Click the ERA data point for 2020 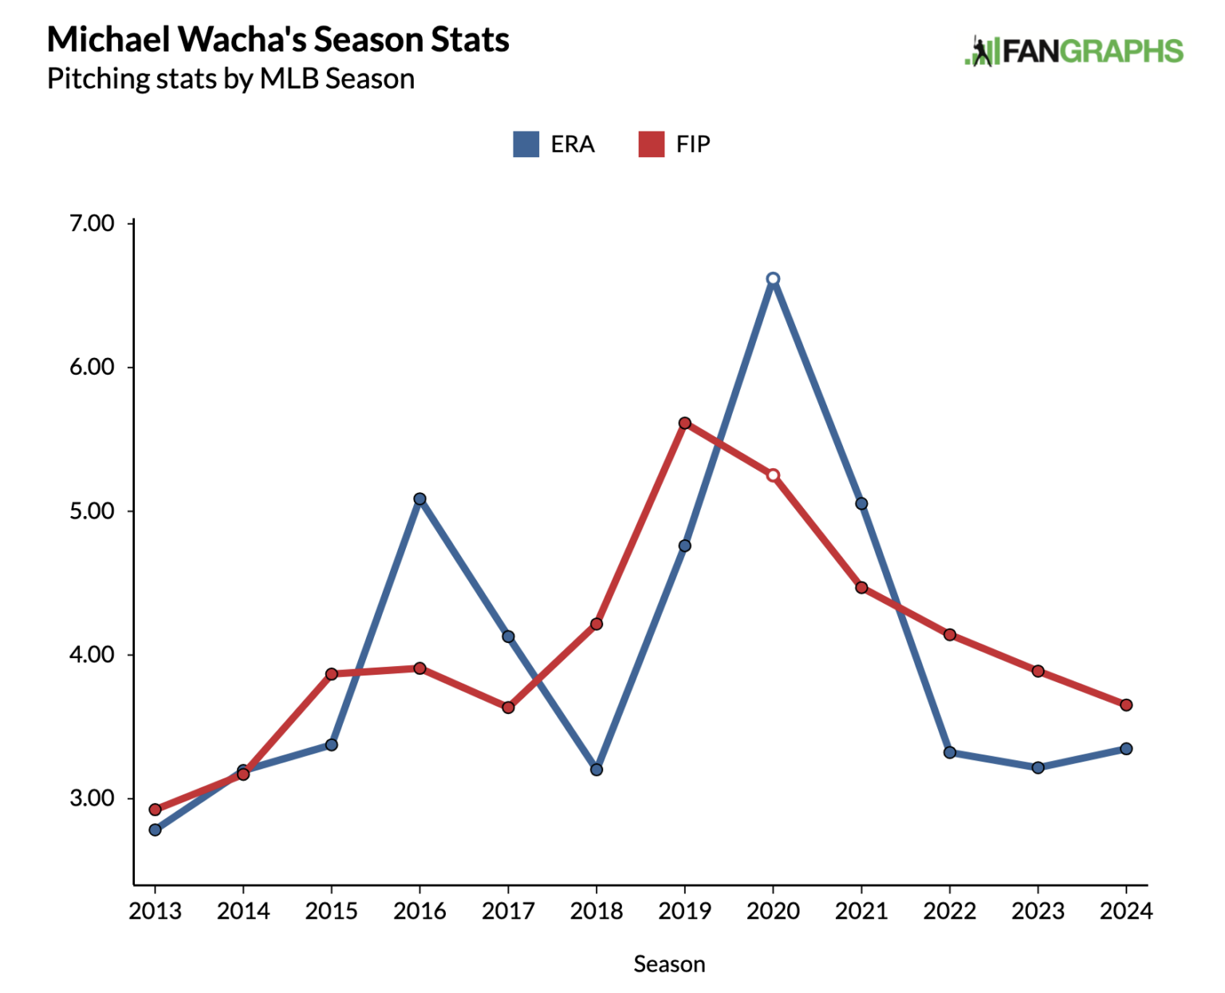pos(773,279)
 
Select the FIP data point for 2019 pos(684,423)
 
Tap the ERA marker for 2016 pos(419,499)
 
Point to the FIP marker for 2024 pos(1126,705)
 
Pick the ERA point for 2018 pos(597,770)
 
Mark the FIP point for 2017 pos(508,707)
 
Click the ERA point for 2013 pos(155,829)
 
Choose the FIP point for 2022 pos(950,635)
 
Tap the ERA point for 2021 pos(861,503)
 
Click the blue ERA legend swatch pos(526,144)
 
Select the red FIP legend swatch pos(652,144)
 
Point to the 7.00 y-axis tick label pos(92,223)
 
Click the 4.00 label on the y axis pos(92,655)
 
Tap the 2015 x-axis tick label pos(332,911)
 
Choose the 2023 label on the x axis pos(1038,911)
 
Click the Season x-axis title pos(669,964)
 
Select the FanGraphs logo pos(1073,52)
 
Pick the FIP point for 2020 pos(773,475)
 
